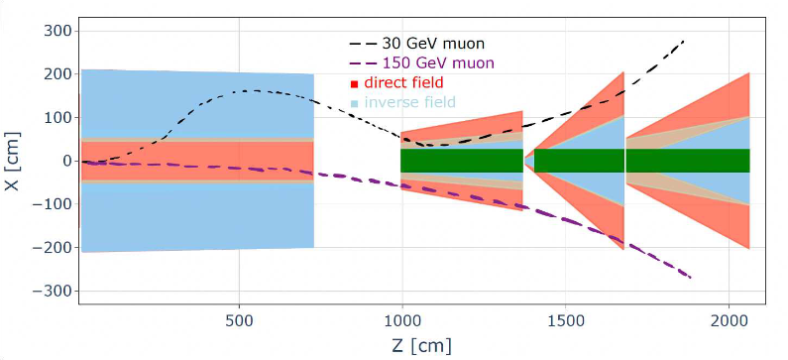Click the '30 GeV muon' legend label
click(433, 44)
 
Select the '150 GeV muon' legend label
click(438, 63)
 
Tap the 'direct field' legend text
click(404, 82)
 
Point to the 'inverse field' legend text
click(410, 102)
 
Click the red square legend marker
click(354, 83)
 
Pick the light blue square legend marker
click(354, 103)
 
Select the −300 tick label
click(56, 292)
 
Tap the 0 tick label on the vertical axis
click(68, 161)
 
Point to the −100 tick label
click(56, 204)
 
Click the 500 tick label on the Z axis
click(239, 320)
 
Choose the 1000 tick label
click(402, 320)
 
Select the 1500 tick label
click(565, 320)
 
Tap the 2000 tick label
click(729, 320)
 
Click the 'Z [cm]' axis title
click(421, 346)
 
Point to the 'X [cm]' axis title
click(13, 161)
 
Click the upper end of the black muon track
click(684, 41)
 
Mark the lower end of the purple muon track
click(691, 278)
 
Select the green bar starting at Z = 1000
click(462, 161)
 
